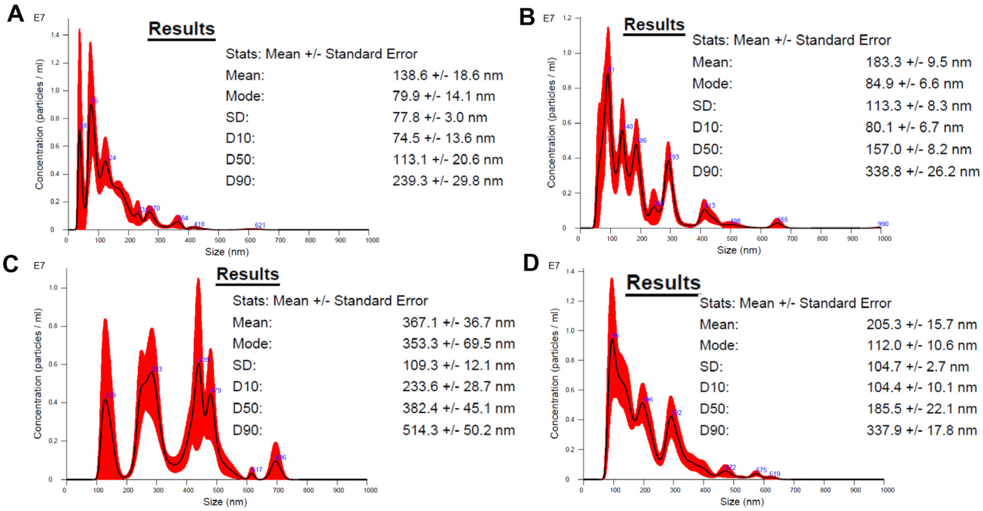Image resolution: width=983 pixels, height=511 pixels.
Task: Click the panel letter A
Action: pyautogui.click(x=15, y=14)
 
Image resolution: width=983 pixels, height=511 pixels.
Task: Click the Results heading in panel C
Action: pyautogui.click(x=248, y=274)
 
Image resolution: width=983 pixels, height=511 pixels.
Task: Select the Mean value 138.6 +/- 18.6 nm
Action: pyautogui.click(x=448, y=75)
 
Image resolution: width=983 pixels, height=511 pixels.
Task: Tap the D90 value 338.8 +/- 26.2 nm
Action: pyautogui.click(x=922, y=171)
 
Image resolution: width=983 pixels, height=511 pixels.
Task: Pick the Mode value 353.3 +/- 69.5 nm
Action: pyautogui.click(x=458, y=344)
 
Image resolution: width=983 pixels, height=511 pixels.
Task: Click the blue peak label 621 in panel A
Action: pyautogui.click(x=260, y=225)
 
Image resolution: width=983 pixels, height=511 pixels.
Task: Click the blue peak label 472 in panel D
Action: pyautogui.click(x=730, y=467)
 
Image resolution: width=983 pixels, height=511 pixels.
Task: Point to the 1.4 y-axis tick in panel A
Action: pyautogui.click(x=55, y=35)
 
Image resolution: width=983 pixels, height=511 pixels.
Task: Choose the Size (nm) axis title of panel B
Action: pyautogui.click(x=739, y=250)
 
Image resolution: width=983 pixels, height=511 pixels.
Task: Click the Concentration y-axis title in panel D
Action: pyautogui.click(x=554, y=373)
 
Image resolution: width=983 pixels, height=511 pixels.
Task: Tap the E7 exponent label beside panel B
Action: pyautogui.click(x=548, y=18)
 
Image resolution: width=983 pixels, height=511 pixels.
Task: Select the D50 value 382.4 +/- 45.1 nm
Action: pyautogui.click(x=458, y=408)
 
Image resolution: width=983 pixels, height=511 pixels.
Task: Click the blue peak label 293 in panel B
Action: pyautogui.click(x=674, y=157)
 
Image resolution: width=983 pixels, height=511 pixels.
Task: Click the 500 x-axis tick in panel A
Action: pyautogui.click(x=220, y=240)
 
